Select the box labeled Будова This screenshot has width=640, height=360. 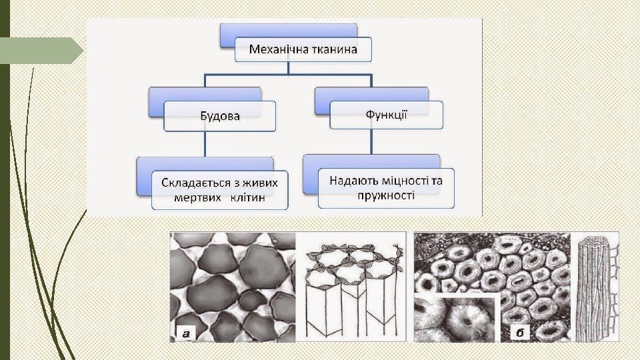point(220,116)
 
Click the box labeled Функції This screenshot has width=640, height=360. point(387,114)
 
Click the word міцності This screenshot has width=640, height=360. point(403,181)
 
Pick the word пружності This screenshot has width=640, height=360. point(386,196)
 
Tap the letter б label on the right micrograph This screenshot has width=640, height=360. point(519,332)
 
